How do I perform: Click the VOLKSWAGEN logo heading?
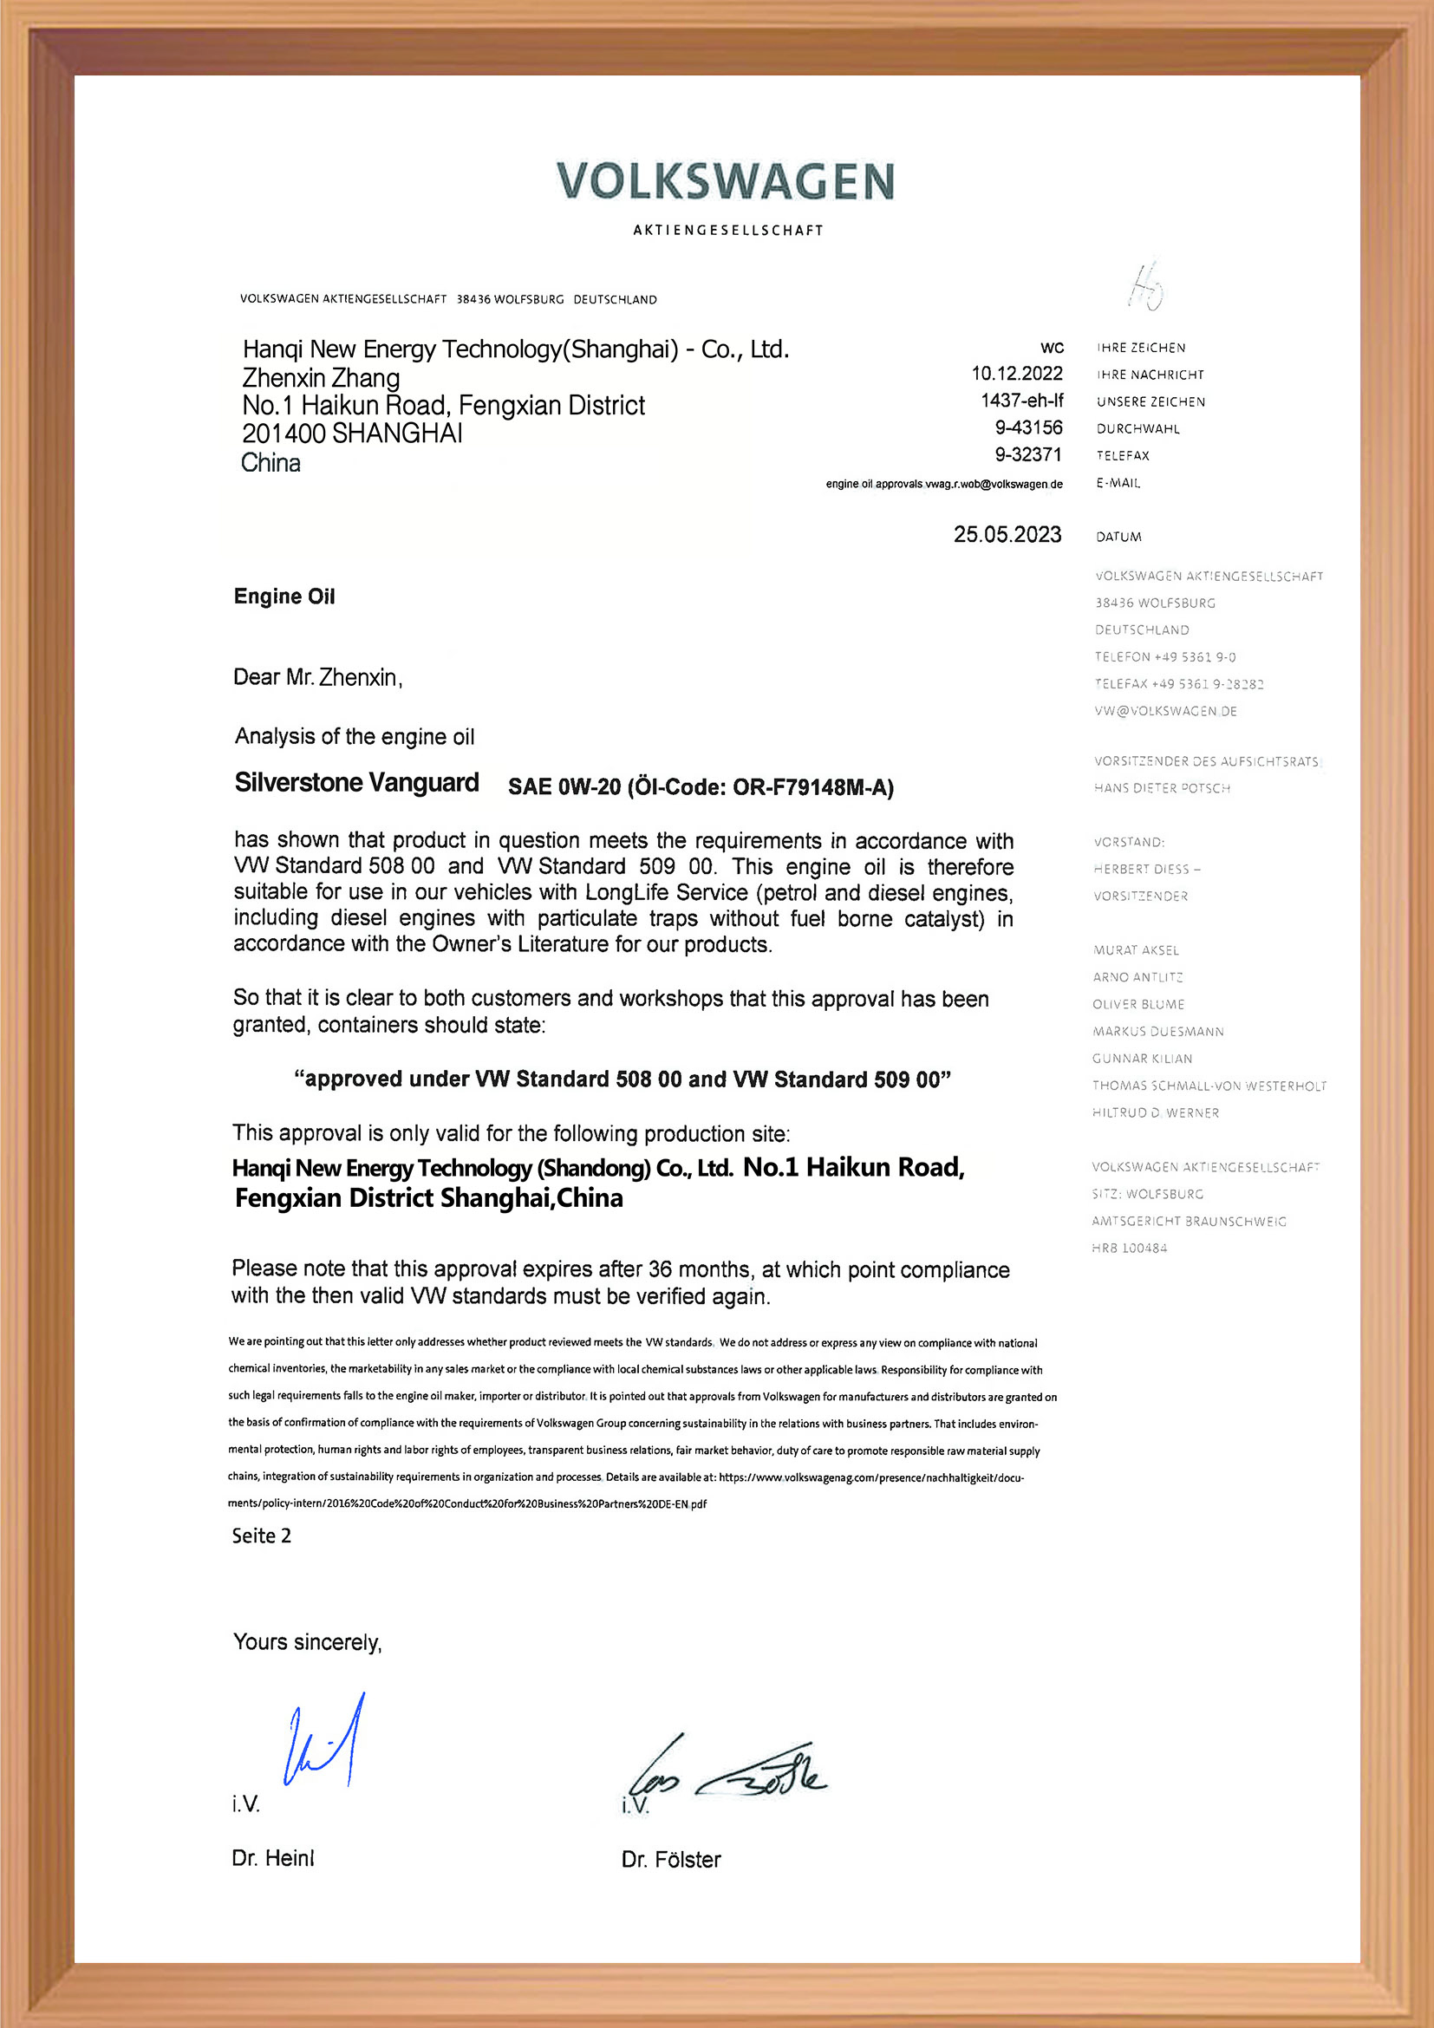(725, 181)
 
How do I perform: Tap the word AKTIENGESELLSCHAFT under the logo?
(728, 231)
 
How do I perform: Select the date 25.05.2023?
(1007, 534)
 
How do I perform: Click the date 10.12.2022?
(1017, 374)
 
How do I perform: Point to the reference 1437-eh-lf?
(1021, 401)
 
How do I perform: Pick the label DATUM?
(1118, 537)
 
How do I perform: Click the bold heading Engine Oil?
(284, 597)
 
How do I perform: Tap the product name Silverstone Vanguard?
(356, 783)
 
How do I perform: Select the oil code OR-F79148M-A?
(812, 787)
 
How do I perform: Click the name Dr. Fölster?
(671, 1860)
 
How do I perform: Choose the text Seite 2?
(261, 1536)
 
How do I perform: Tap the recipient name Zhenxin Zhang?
(321, 378)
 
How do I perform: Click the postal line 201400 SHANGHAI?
(352, 434)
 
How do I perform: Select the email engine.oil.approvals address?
(944, 484)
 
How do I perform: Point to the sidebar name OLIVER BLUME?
(1138, 1004)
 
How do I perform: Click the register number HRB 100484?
(1130, 1248)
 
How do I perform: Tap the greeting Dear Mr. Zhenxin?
(318, 677)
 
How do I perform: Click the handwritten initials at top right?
(1147, 287)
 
